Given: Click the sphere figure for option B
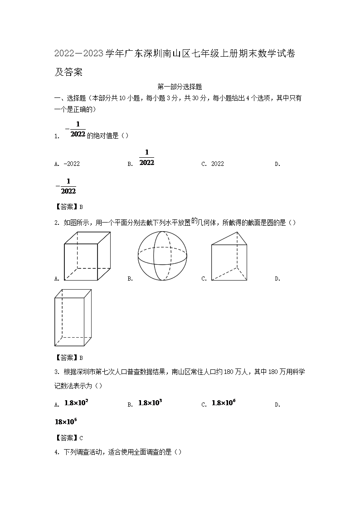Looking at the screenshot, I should [162, 257].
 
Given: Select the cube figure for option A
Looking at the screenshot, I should [87, 256].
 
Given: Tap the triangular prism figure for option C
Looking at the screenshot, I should [229, 256].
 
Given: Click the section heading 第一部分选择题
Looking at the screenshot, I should [179, 87].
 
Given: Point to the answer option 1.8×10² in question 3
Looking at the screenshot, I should [76, 403].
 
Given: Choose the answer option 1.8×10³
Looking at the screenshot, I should [150, 403].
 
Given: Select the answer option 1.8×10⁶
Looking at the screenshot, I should [224, 403].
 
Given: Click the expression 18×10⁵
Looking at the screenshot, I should [66, 422].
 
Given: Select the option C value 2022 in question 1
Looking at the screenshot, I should [218, 164].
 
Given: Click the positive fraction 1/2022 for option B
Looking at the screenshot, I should [146, 157].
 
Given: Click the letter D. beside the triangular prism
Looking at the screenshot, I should [277, 279].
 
